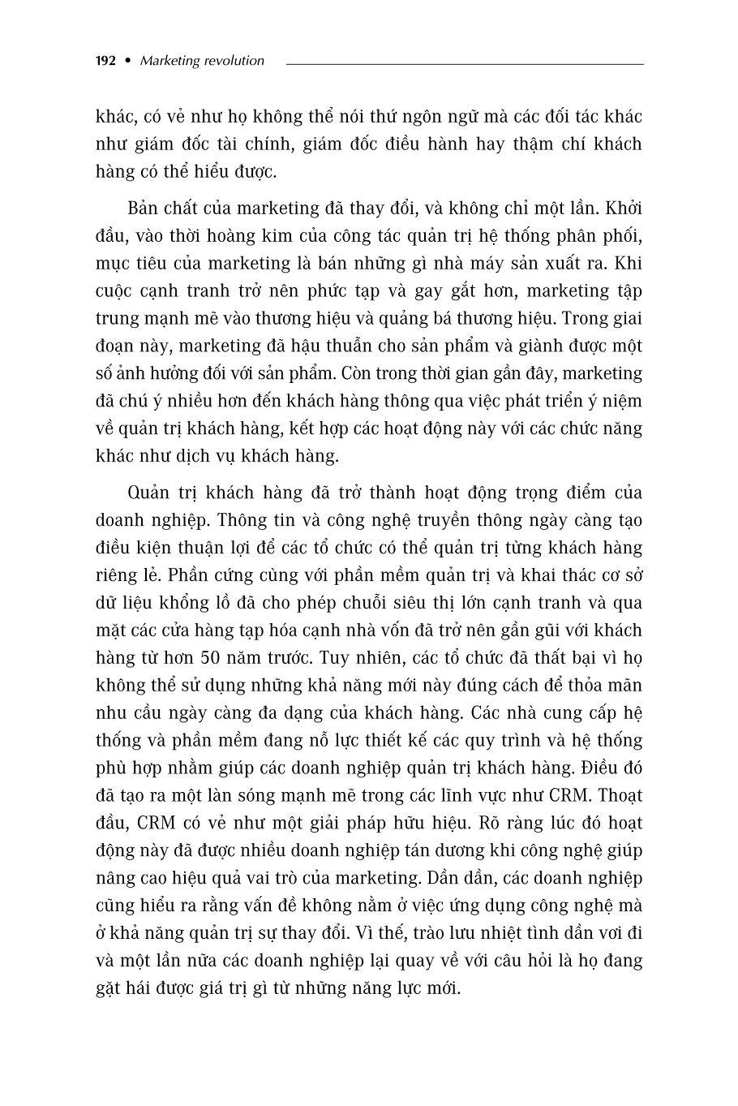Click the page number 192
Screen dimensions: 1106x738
(106, 61)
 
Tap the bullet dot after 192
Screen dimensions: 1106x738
(127, 61)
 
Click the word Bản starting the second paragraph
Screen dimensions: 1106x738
(144, 208)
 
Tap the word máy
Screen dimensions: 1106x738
(505, 263)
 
